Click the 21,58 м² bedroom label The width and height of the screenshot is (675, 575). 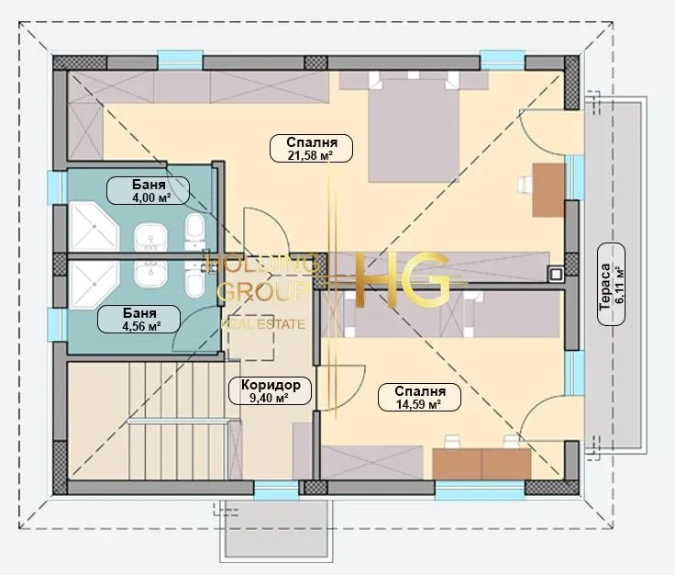pos(311,148)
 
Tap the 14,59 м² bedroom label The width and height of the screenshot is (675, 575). pos(419,397)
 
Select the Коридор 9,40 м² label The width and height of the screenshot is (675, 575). pos(270,390)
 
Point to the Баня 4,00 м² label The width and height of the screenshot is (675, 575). pos(148,190)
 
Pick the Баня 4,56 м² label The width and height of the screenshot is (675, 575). pos(138,319)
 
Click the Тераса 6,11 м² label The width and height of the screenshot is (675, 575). pos(612,285)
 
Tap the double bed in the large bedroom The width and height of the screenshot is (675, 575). pos(414,130)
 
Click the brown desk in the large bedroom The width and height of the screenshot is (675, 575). pos(548,189)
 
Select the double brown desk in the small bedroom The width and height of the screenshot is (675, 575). pos(481,464)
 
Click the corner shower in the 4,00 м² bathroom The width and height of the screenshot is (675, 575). pos(94,226)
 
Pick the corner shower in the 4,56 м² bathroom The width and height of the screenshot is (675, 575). pos(94,285)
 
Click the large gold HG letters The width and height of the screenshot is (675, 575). pos(402,280)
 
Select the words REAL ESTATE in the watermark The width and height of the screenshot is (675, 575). pos(263,324)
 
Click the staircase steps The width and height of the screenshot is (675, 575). pos(176,421)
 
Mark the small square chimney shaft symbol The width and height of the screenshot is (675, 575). pos(556,274)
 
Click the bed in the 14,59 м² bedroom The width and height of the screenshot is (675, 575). pos(414,314)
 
